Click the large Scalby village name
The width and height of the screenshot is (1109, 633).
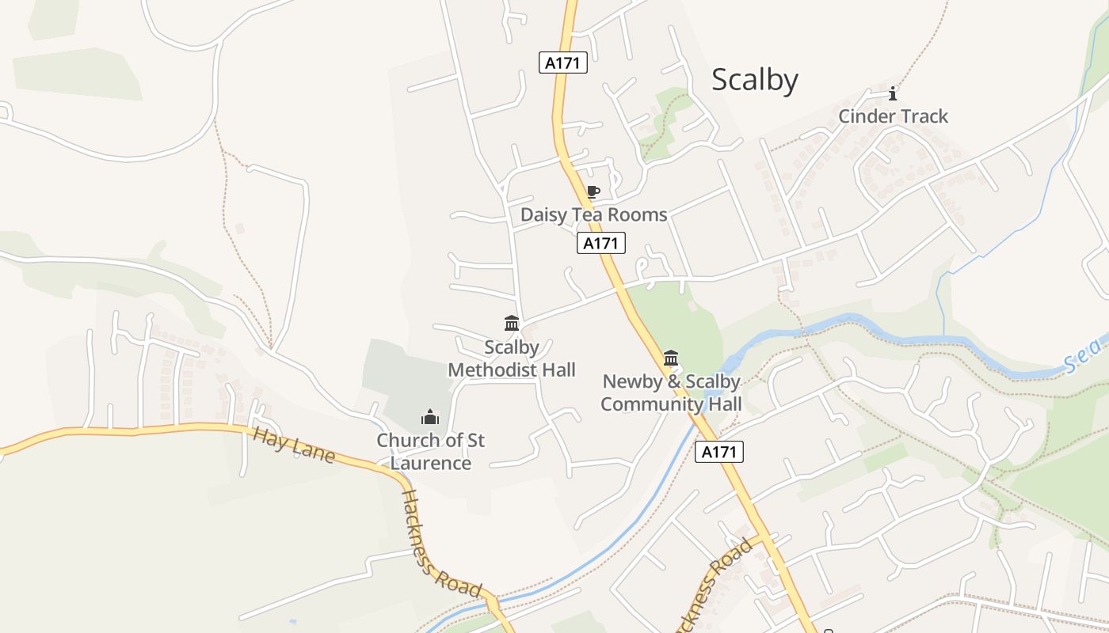[x=754, y=80]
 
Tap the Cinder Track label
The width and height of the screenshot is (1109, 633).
[x=893, y=116]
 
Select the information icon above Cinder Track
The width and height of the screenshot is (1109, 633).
[x=893, y=94]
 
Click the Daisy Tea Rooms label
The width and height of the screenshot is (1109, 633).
[x=593, y=214]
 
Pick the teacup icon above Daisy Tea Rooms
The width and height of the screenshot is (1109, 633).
[x=593, y=192]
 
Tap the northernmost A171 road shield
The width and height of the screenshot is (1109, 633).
[x=563, y=63]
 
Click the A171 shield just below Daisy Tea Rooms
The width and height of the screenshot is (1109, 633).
[x=601, y=244]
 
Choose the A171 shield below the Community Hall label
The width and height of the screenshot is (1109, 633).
[x=719, y=452]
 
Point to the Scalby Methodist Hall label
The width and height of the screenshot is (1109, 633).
[x=512, y=358]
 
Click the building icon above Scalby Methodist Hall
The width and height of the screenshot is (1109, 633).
[x=512, y=324]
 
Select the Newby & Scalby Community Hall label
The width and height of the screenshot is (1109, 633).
[x=671, y=392]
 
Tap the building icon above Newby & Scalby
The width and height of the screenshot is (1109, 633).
[x=671, y=358]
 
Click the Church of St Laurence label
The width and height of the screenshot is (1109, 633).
[x=430, y=451]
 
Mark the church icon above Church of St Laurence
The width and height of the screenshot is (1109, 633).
[x=430, y=417]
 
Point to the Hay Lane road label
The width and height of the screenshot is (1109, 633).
[x=294, y=445]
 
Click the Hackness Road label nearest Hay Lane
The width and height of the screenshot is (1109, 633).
[x=441, y=544]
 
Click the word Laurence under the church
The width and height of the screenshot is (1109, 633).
[x=430, y=463]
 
